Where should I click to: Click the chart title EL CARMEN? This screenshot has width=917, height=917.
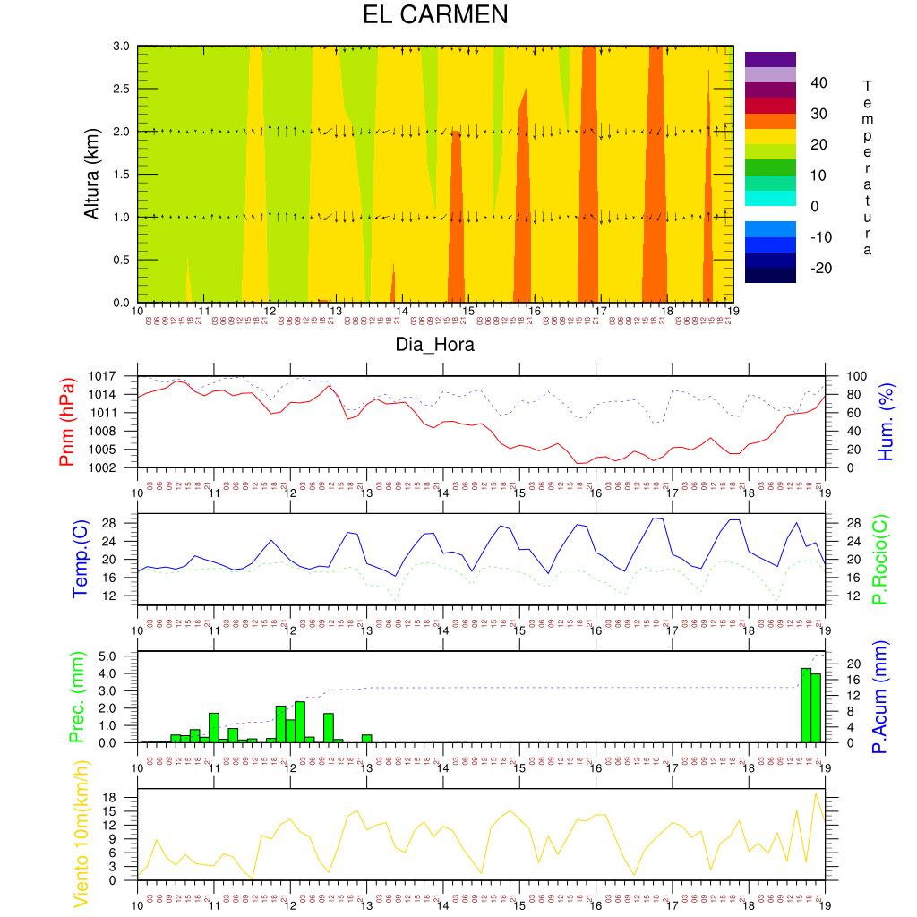tap(435, 15)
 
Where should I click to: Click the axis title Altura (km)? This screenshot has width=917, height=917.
tap(91, 174)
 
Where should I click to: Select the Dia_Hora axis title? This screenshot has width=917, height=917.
tap(435, 345)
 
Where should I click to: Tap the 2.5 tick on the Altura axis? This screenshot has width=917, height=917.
tap(120, 89)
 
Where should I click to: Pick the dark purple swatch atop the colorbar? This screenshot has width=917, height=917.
tap(770, 59)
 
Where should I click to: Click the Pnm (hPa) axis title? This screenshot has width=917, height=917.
tap(67, 421)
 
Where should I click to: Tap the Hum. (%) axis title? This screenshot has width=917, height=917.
tap(887, 421)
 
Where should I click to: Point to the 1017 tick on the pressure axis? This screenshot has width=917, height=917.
tap(119, 376)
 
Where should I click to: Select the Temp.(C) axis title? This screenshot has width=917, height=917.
tap(80, 561)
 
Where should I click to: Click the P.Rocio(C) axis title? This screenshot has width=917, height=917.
tap(880, 561)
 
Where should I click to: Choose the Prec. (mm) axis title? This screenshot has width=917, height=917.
tap(75, 698)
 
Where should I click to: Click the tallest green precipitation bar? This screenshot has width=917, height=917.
tap(806, 705)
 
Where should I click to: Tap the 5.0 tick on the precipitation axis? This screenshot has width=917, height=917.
tap(120, 656)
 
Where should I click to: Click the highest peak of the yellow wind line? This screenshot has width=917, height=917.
tap(816, 793)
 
